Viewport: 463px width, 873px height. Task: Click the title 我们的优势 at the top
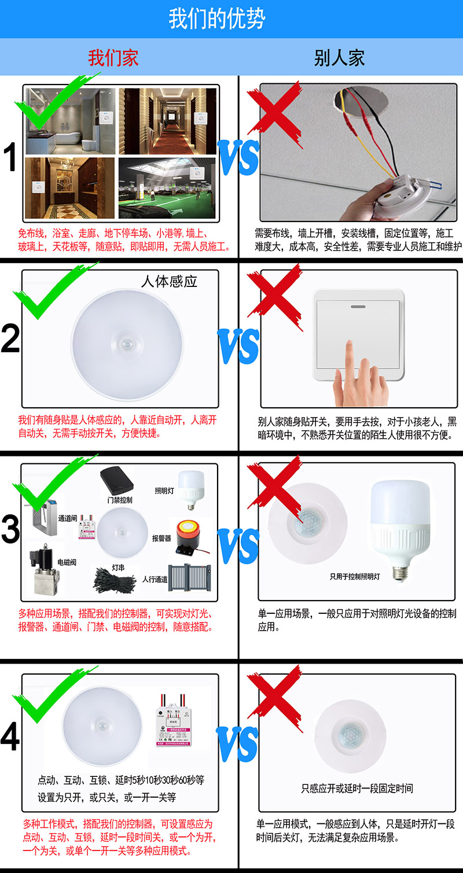(x=217, y=19)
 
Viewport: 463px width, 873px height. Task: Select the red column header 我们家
(x=113, y=58)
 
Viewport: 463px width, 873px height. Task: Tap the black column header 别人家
(x=339, y=58)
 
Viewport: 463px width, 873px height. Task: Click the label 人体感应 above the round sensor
(x=169, y=282)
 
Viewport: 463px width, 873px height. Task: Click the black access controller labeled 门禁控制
(x=117, y=480)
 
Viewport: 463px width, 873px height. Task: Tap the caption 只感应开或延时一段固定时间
(x=357, y=789)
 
